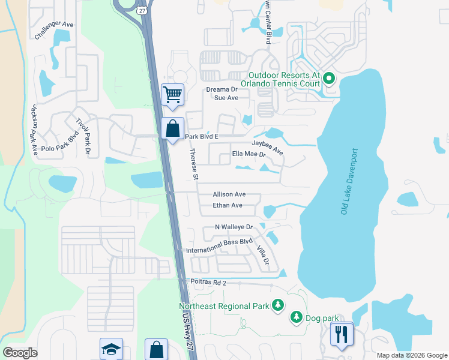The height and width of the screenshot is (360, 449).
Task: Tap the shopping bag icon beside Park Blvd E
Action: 172,128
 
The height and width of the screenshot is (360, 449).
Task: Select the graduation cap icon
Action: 112,350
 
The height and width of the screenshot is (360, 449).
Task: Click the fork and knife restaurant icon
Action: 342,334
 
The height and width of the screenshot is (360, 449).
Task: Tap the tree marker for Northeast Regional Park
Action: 277,306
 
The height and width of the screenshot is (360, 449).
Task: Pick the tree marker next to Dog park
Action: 296,317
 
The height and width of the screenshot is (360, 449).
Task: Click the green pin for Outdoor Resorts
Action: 329,79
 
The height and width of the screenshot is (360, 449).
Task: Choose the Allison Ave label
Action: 229,194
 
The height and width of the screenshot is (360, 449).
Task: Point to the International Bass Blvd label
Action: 219,242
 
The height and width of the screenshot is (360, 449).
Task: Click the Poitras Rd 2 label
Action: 206,283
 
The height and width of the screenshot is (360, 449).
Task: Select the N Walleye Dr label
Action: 235,227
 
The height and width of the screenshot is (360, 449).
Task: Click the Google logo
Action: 20,353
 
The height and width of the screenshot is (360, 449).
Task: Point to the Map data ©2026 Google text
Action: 411,355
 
